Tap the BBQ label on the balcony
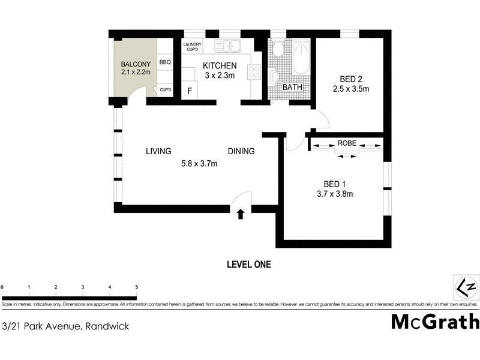coord(165,62)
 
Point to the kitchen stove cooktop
coord(254,72)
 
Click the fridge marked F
coord(190,91)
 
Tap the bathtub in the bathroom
coord(301,58)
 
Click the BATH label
coord(293,88)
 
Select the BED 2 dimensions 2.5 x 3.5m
coord(350,89)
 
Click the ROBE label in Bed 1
coord(347,144)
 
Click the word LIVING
coord(158,151)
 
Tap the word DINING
coord(241,151)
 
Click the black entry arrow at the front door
coord(241,214)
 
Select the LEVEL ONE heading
coord(249,264)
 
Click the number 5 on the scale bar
coord(137,287)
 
